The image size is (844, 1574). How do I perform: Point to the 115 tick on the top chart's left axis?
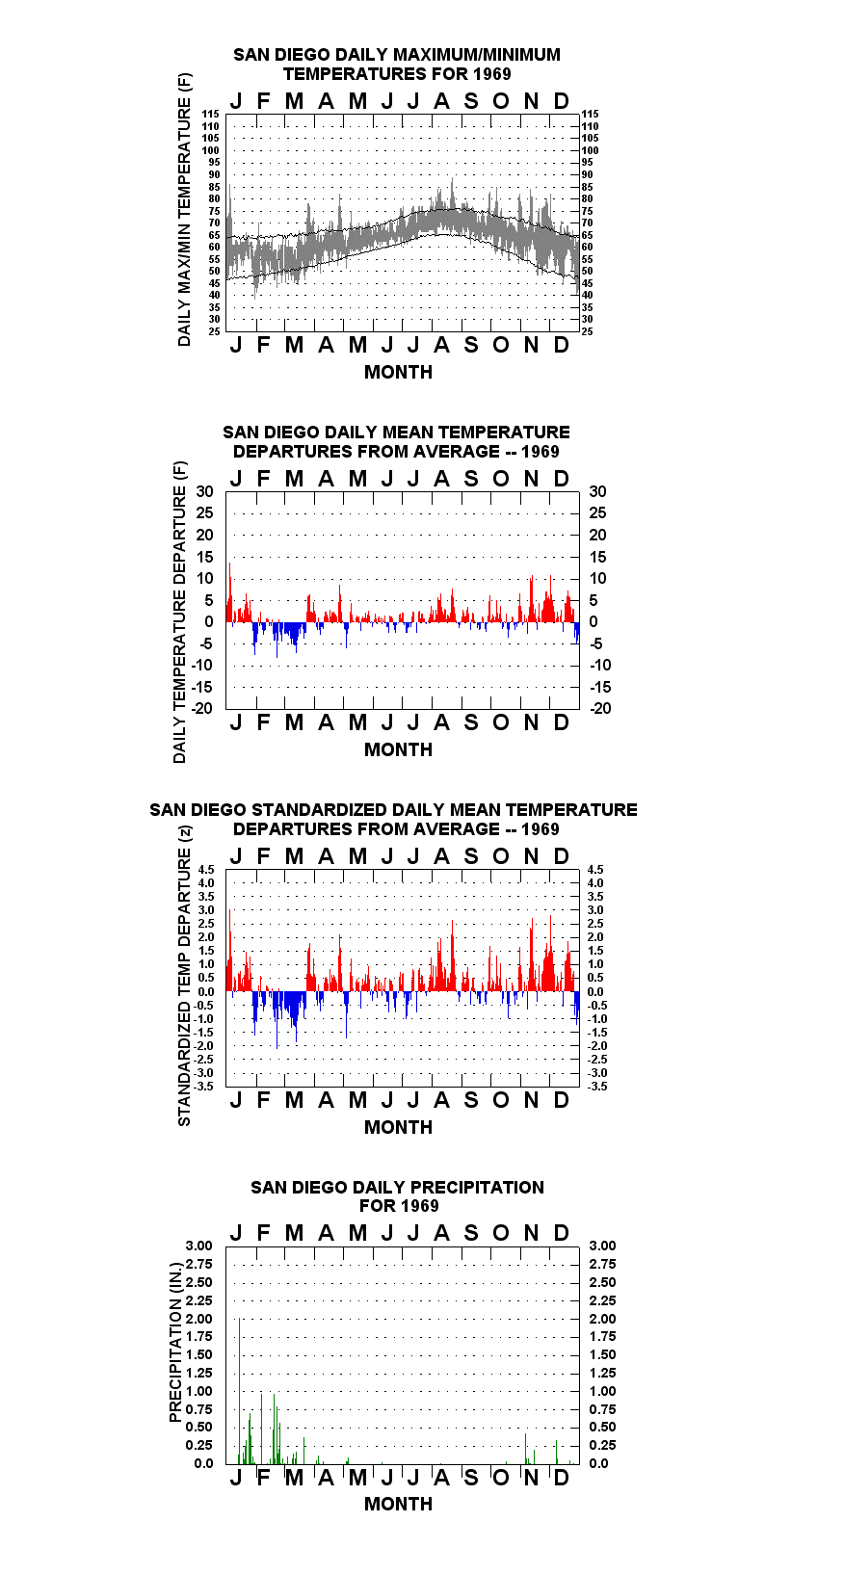(211, 114)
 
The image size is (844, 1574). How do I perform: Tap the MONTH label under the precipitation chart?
(399, 1504)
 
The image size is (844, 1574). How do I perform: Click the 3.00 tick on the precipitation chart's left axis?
(198, 1246)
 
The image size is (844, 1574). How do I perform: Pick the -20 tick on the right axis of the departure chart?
(600, 708)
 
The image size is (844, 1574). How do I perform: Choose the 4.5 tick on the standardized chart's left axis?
(206, 870)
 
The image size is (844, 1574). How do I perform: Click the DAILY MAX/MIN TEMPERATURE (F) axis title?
(184, 209)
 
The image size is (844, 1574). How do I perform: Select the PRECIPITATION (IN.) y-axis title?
(175, 1342)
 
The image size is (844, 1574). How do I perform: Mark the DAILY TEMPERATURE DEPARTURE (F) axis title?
(180, 612)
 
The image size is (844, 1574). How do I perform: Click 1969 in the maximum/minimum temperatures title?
(492, 74)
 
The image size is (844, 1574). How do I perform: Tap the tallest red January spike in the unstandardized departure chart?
(229, 591)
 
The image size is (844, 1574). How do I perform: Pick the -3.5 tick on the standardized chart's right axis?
(597, 1087)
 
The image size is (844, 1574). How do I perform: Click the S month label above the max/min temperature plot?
(471, 102)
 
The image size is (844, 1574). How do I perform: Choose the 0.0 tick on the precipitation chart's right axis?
(598, 1463)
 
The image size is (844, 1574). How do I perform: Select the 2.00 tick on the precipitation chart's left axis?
(198, 1319)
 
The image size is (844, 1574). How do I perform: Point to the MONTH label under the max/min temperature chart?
(399, 373)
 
